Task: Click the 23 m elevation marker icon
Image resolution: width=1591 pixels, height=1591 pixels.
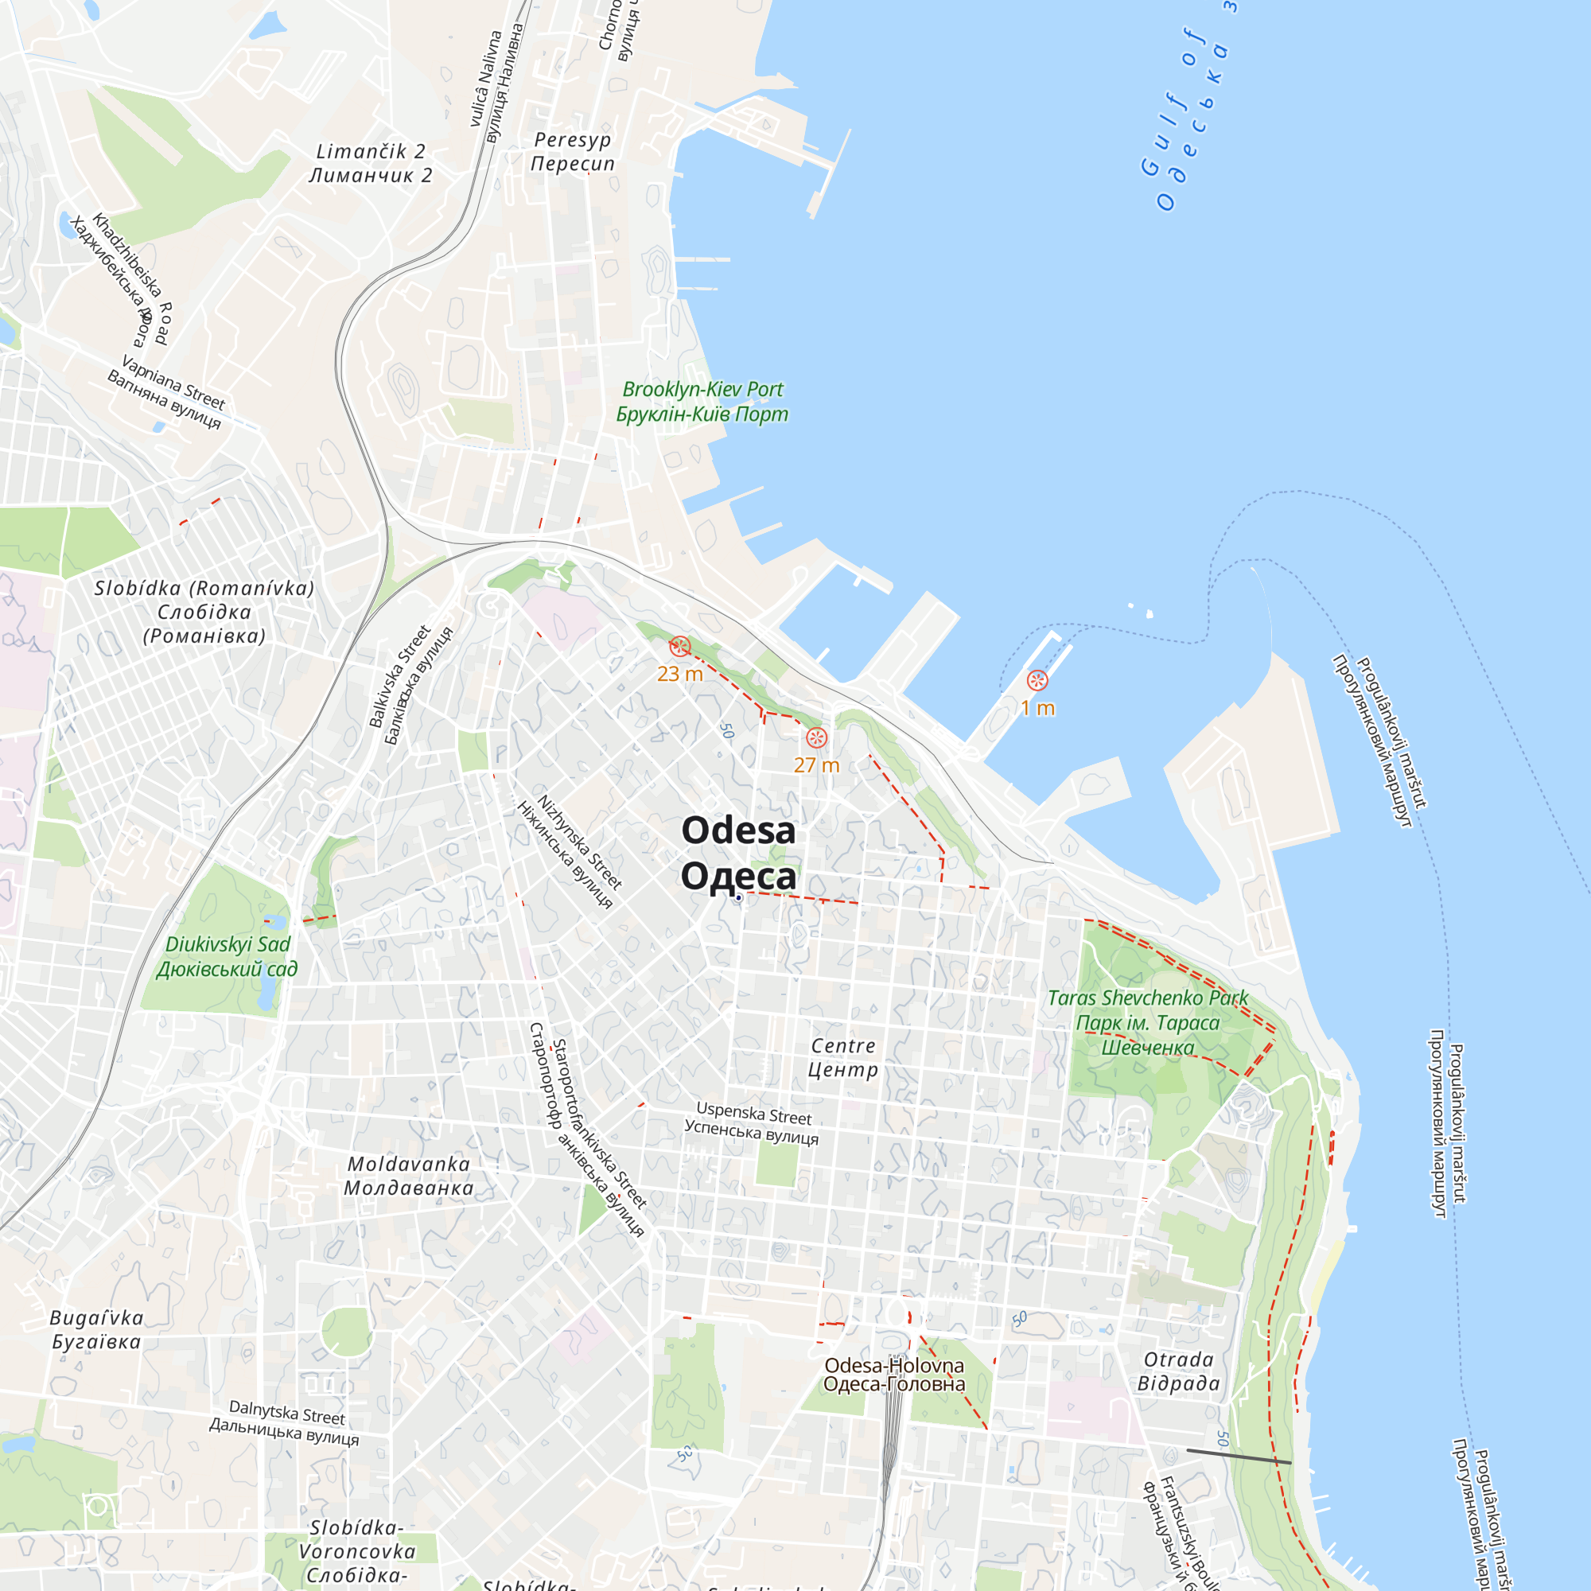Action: tap(679, 647)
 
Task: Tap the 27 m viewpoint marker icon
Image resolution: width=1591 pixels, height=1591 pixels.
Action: tap(816, 737)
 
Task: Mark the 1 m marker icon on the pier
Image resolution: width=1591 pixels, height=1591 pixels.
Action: tap(1037, 680)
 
